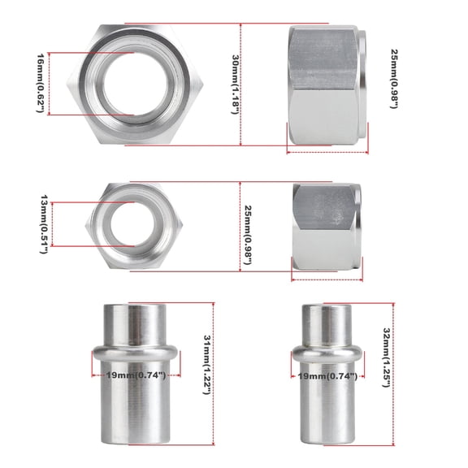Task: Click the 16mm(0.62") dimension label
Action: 41,83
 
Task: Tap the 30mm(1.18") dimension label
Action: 236,84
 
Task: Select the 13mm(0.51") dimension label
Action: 44,224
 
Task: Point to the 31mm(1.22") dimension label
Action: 207,365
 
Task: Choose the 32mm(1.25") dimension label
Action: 387,357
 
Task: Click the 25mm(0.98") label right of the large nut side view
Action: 395,79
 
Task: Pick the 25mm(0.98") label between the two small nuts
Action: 248,235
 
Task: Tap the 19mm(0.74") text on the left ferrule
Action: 136,375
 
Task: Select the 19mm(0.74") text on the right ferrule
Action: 327,376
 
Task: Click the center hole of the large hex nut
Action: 135,84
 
